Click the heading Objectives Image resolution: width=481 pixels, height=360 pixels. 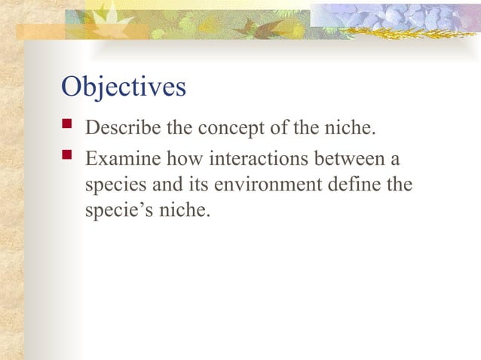click(x=123, y=87)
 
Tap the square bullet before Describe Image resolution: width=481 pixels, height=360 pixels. click(x=66, y=127)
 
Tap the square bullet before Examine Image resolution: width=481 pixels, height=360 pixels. click(x=66, y=159)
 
